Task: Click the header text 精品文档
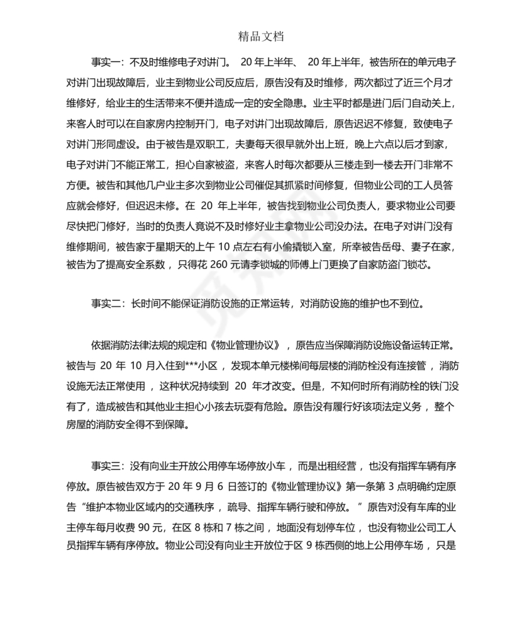click(x=261, y=37)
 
